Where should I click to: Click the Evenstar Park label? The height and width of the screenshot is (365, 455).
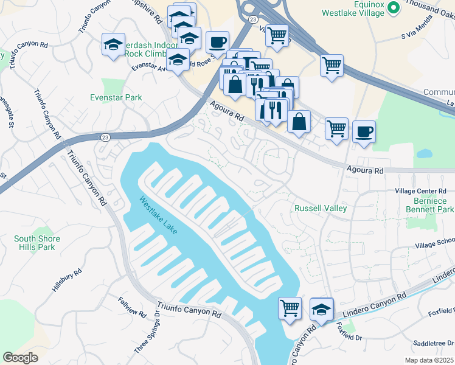pyautogui.click(x=116, y=97)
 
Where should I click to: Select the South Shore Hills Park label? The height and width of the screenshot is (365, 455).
pyautogui.click(x=43, y=243)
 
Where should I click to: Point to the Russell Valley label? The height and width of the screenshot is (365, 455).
pyautogui.click(x=321, y=208)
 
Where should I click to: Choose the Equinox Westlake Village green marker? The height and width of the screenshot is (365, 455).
pyautogui.click(x=393, y=7)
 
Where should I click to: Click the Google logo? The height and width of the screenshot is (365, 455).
pyautogui.click(x=21, y=358)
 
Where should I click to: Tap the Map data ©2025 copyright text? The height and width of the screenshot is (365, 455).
pyautogui.click(x=429, y=360)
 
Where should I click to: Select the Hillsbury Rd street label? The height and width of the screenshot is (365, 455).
pyautogui.click(x=66, y=281)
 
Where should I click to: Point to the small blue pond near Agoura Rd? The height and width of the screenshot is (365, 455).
pyautogui.click(x=424, y=154)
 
